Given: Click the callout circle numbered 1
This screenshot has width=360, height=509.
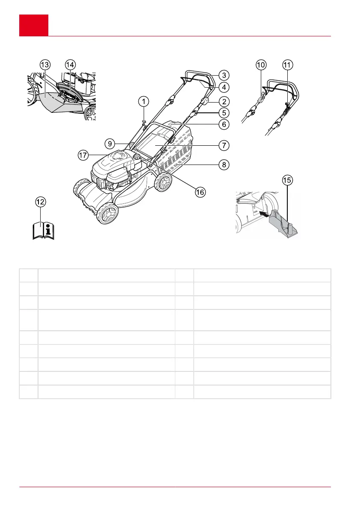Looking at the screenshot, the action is (144, 101).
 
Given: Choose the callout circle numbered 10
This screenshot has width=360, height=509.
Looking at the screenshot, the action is (261, 65).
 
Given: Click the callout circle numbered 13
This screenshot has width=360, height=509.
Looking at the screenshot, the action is (44, 65).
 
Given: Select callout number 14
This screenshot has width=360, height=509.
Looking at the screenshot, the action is (70, 65).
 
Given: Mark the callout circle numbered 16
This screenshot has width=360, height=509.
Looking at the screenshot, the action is (200, 192).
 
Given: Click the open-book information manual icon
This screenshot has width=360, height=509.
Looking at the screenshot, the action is (44, 230).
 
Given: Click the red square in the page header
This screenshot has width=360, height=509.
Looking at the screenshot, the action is (33, 25).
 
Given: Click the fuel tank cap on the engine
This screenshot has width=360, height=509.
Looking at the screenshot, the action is (138, 157).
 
